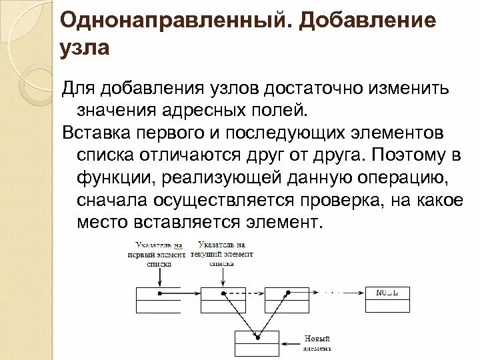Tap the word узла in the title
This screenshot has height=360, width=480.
[x=84, y=48]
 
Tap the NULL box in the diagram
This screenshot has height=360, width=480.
[x=388, y=299]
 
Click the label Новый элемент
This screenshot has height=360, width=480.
[x=316, y=343]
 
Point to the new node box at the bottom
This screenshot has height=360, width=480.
[x=257, y=343]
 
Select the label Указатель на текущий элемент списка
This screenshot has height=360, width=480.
[x=221, y=254]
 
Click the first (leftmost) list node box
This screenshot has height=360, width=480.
[x=158, y=299]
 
